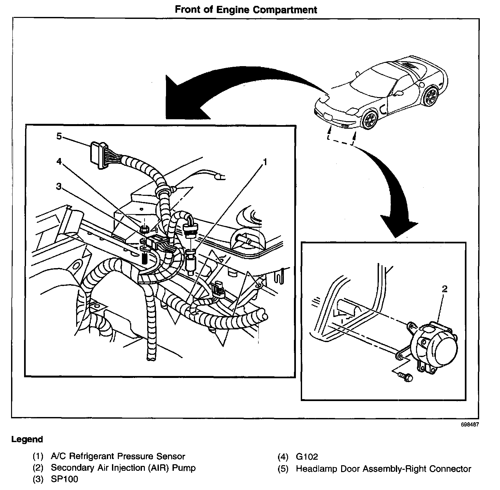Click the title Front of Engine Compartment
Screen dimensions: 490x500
coord(246,9)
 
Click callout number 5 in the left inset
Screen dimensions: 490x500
coord(59,136)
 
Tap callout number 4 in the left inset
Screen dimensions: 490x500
coord(59,162)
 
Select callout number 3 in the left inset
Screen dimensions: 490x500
coord(59,186)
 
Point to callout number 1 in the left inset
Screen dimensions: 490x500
coord(265,162)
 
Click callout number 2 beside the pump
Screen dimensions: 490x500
coord(445,289)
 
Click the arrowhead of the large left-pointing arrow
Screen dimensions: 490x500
coord(182,98)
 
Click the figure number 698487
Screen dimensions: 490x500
coord(470,425)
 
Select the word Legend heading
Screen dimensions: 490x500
coord(27,440)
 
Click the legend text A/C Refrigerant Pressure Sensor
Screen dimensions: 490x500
coord(118,456)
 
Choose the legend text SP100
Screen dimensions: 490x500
coord(64,479)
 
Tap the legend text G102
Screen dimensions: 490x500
coord(307,457)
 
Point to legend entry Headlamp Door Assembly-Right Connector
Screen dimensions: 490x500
coord(383,469)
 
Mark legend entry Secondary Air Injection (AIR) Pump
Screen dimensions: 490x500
coord(123,468)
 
